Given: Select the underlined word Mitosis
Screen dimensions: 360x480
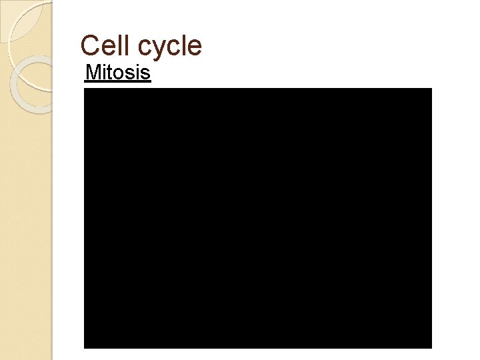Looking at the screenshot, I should pyautogui.click(x=118, y=72).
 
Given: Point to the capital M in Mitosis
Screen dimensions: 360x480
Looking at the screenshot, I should pyautogui.click(x=92, y=72).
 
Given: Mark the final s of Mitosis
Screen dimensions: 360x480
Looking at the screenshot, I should pyautogui.click(x=146, y=73).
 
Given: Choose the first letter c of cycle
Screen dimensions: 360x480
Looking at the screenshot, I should pyautogui.click(x=145, y=48).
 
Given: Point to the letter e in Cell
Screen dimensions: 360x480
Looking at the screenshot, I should pyautogui.click(x=109, y=48).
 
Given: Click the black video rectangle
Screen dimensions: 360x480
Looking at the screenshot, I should pyautogui.click(x=257, y=218).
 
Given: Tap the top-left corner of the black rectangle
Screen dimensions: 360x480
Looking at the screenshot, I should pyautogui.click(x=85, y=89).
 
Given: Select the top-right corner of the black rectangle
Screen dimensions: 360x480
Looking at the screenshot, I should pyautogui.click(x=431, y=89).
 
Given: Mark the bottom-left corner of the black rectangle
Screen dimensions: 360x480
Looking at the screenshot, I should pyautogui.click(x=85, y=347).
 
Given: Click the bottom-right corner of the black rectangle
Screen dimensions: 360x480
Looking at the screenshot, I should pyautogui.click(x=431, y=347).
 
